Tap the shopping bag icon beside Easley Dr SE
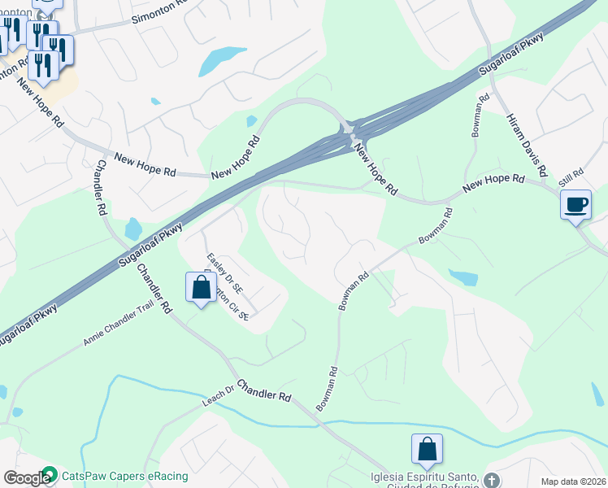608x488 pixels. [x=201, y=288]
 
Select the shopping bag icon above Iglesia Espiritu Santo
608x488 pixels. [x=427, y=450]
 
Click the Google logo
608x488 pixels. [x=27, y=478]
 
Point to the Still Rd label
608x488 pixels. [x=572, y=176]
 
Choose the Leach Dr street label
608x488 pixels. [x=218, y=398]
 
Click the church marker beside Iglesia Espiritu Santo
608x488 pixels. [x=490, y=479]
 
